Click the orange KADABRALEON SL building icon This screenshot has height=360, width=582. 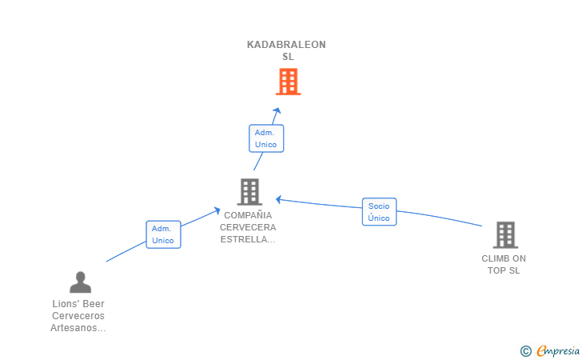[288, 82]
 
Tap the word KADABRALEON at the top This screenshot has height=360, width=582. [286, 45]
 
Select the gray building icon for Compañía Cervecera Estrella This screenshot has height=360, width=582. [249, 192]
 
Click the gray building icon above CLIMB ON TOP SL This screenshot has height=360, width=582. [505, 235]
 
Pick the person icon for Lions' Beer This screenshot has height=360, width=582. [80, 282]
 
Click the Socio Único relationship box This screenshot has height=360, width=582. [379, 212]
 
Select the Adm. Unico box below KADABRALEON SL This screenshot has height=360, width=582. [266, 138]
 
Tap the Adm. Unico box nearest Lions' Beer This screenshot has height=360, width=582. [163, 234]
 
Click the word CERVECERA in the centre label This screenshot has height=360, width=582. [247, 227]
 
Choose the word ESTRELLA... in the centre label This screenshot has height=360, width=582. [247, 239]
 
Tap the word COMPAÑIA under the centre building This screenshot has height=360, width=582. [247, 215]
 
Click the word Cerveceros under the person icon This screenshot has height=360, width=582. [78, 316]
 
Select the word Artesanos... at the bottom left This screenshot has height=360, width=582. [78, 328]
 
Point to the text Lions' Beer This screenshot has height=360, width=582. [78, 304]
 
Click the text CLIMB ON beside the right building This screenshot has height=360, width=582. [504, 258]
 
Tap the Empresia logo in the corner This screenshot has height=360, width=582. [558, 350]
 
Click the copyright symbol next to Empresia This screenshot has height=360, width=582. [525, 350]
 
